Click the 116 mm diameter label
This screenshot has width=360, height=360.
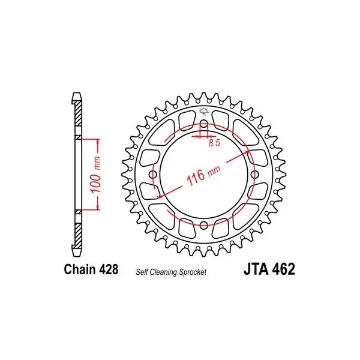click(203, 175)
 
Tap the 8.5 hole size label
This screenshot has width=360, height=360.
click(214, 143)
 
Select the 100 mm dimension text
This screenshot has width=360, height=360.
click(95, 175)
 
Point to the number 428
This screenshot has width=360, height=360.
click(109, 269)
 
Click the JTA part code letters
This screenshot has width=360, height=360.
click(256, 269)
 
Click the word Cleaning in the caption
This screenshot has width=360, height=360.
click(163, 272)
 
